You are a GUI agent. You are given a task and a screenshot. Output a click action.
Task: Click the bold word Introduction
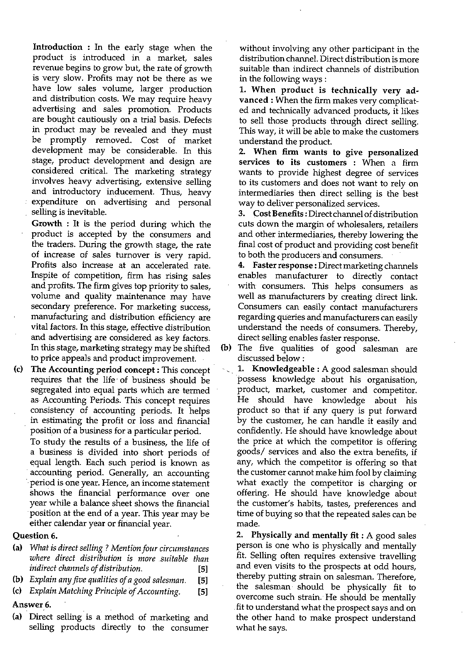[x=58, y=47]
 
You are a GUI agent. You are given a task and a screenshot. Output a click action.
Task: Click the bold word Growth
[x=47, y=224]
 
